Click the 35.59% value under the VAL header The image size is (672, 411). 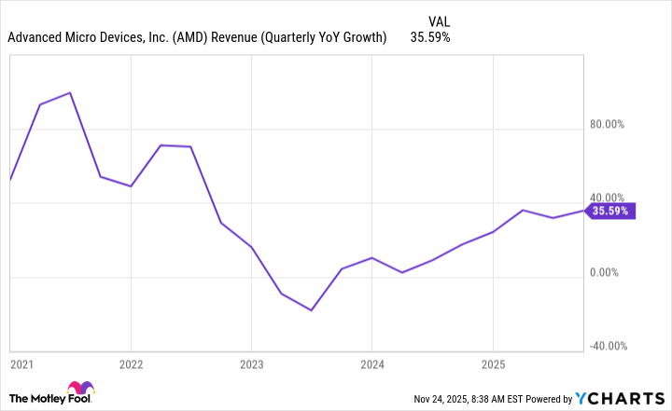pos(429,38)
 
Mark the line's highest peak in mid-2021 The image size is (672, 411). pos(71,93)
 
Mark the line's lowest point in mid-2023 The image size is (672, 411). pos(312,309)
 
